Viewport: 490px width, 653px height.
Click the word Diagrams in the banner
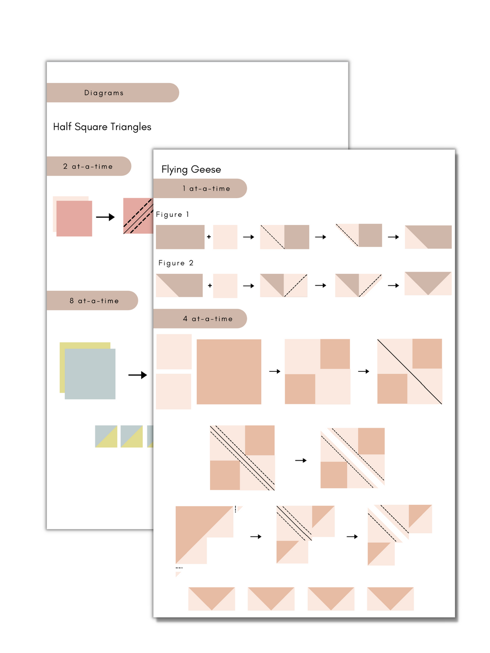[103, 93]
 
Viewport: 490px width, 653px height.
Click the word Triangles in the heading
[131, 127]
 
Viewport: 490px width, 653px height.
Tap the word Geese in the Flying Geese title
[206, 169]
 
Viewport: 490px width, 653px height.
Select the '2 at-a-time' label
[88, 166]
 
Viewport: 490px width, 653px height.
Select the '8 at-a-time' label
[94, 301]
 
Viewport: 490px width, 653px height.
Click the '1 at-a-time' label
[206, 188]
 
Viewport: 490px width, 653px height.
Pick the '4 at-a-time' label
[208, 319]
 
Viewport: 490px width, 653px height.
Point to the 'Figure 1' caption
[172, 214]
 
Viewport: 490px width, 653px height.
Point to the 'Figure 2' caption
[176, 263]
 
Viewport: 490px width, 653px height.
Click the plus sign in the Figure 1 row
[209, 237]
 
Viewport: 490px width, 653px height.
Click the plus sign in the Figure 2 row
[210, 286]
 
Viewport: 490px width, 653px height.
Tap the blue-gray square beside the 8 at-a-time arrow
[90, 374]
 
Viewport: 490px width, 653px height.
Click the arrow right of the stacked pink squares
[105, 217]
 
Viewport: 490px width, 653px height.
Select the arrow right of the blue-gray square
[137, 375]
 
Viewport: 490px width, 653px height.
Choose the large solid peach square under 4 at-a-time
[229, 371]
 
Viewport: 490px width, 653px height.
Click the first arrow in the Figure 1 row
[249, 237]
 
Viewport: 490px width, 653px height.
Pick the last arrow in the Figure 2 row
[393, 286]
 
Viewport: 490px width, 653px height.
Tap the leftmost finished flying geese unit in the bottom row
[211, 599]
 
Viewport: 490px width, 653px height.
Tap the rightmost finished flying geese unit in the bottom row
[390, 599]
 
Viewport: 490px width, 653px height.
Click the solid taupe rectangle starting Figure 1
[180, 237]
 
